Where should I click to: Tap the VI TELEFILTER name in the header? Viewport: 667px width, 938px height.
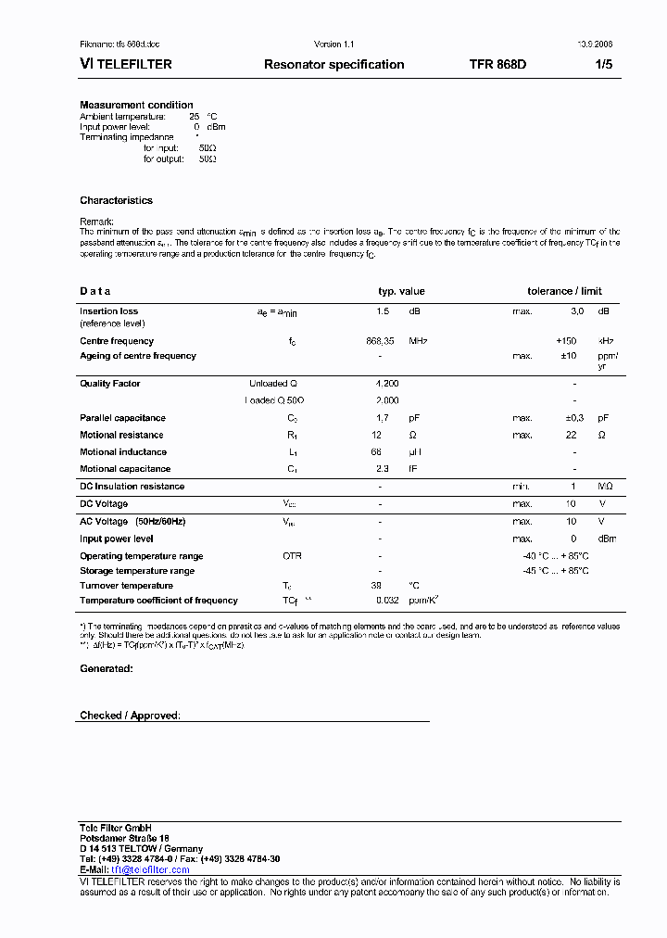tap(126, 65)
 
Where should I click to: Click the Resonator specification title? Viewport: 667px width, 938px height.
tap(333, 65)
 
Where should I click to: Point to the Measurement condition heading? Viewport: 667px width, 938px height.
tap(136, 105)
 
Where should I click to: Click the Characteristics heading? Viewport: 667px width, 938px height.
tap(116, 200)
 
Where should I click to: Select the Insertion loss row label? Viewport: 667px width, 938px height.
tap(108, 311)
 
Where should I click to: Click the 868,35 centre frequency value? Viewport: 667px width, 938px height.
tap(380, 341)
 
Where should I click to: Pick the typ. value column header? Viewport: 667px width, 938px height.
tap(401, 291)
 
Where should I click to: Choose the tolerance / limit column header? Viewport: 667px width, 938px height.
tap(564, 291)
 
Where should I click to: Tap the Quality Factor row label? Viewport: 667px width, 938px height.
tap(110, 383)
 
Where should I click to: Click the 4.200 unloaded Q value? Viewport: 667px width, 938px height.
tap(386, 383)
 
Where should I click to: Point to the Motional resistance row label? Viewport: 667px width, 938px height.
tap(121, 435)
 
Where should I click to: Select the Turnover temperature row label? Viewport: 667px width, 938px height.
tap(126, 586)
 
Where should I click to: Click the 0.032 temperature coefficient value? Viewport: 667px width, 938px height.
tap(386, 601)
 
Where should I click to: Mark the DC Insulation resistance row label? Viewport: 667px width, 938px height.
tap(132, 487)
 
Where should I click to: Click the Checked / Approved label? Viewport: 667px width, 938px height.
tap(130, 716)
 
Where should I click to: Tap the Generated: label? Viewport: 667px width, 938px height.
tap(106, 668)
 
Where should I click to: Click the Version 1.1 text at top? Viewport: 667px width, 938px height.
tap(333, 44)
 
